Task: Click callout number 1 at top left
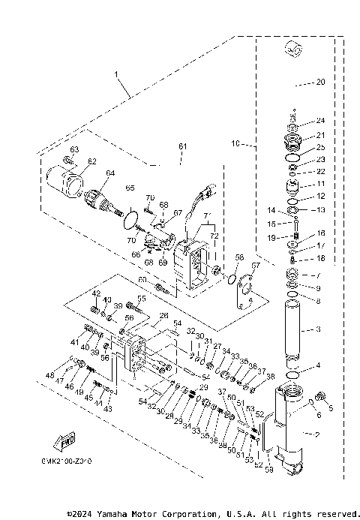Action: pos(116,74)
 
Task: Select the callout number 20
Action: pos(320,83)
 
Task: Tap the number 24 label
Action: pos(320,121)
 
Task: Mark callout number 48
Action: pos(50,374)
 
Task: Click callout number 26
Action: pos(163,317)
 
